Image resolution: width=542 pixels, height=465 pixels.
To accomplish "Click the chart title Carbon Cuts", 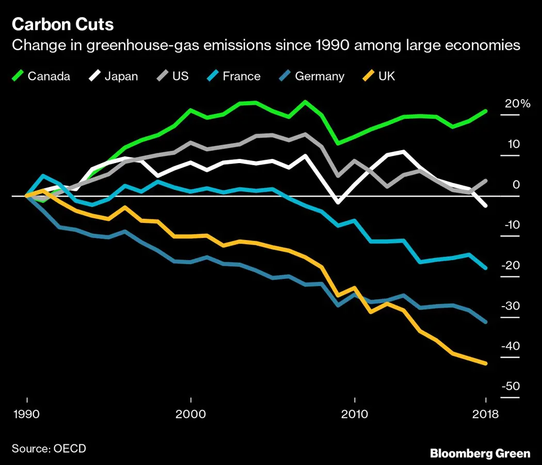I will [62, 24].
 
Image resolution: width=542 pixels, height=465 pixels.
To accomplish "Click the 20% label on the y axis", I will [518, 104].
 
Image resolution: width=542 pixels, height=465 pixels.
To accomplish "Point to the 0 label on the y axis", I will [516, 185].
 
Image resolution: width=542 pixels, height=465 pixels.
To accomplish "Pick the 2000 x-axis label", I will [191, 414].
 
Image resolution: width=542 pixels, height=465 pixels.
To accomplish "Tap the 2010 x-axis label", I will [354, 414].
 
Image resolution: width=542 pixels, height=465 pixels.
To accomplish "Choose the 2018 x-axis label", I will [486, 414].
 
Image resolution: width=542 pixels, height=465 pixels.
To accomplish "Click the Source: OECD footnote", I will [49, 448].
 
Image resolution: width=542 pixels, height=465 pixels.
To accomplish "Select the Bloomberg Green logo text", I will [480, 453].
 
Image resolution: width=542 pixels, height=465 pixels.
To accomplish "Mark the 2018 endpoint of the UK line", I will [485, 363].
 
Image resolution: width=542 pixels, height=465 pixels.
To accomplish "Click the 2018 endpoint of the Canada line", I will [485, 111].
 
